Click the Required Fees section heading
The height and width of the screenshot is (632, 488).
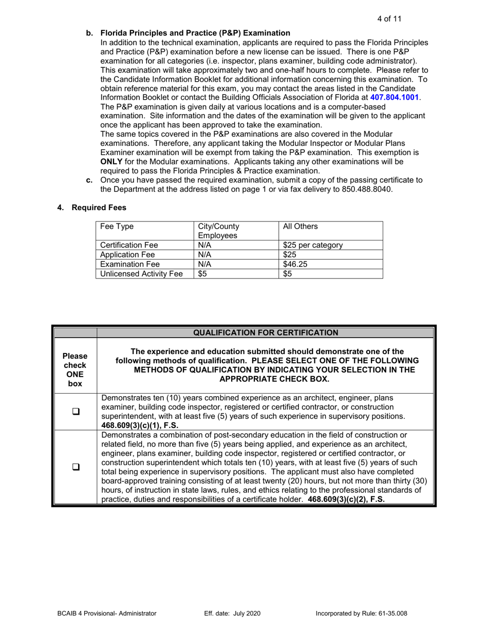tap(99, 208)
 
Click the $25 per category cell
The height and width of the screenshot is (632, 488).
tap(307, 245)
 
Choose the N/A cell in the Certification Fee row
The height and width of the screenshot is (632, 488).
tap(205, 245)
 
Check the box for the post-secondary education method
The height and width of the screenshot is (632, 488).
tap(75, 468)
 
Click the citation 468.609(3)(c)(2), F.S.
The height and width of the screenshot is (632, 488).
tap(346, 499)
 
